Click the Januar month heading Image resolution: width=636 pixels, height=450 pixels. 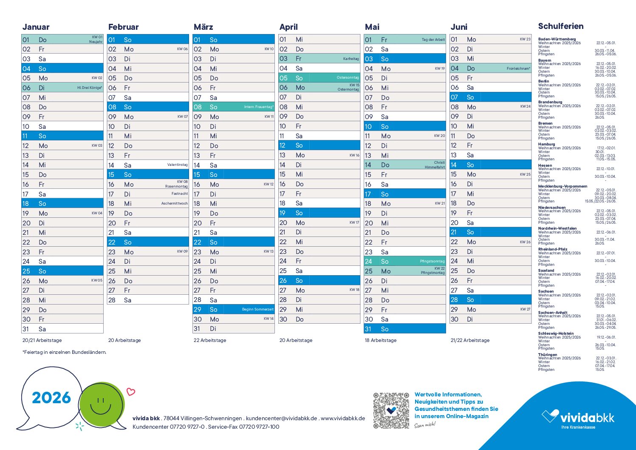(x=36, y=27)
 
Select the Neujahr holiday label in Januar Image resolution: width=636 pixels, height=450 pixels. (x=96, y=42)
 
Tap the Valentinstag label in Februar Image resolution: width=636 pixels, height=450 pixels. (x=178, y=165)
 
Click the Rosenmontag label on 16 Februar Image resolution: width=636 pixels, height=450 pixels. (x=176, y=186)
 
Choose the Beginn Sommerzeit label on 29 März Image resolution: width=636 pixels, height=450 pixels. (x=258, y=309)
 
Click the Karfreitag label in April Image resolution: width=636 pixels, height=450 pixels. (x=351, y=59)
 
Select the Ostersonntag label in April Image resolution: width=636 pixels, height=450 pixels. (x=348, y=78)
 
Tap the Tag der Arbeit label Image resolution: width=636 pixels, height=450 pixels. (x=433, y=40)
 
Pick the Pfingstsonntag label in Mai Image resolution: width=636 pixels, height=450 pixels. (x=432, y=261)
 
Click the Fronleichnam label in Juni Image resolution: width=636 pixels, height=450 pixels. (x=518, y=68)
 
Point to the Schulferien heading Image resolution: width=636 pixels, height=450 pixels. (x=560, y=26)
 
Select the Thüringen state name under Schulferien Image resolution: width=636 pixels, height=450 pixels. (x=547, y=354)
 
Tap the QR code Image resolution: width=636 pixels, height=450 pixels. (x=391, y=410)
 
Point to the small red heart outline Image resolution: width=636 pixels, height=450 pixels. (x=131, y=392)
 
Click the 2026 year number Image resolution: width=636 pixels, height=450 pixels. (x=51, y=398)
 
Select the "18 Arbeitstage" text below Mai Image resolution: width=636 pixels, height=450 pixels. (x=381, y=340)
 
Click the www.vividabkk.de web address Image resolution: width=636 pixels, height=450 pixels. (x=343, y=418)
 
